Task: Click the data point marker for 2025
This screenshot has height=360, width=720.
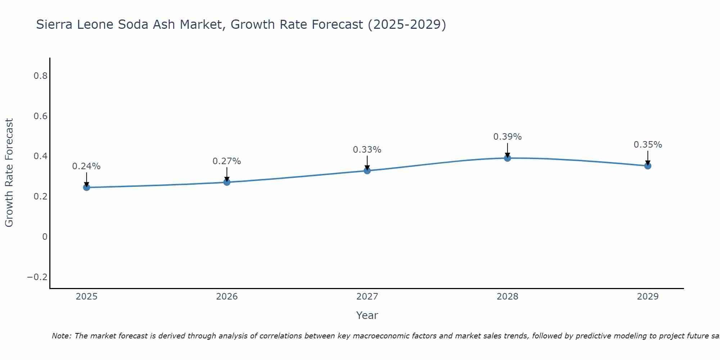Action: pos(86,187)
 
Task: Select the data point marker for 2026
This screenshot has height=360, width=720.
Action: pos(227,182)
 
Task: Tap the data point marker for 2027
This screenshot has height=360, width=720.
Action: pos(367,171)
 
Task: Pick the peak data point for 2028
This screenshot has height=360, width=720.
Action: pos(508,158)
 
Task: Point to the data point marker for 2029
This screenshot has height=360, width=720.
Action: pos(648,166)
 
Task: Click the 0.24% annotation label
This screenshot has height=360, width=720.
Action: pos(86,166)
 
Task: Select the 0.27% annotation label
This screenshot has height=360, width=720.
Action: pos(227,161)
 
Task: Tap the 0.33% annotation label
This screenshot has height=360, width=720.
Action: pos(367,150)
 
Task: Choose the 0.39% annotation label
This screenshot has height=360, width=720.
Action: pos(508,137)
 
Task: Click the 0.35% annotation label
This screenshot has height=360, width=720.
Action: pos(648,145)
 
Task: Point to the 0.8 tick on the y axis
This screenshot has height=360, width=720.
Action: pos(40,76)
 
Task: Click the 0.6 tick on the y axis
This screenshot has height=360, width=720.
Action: pos(40,116)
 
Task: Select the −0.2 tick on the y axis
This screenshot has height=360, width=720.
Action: pos(37,277)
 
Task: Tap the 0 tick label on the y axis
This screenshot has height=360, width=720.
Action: pos(45,237)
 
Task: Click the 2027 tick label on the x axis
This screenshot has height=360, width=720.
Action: pos(367,297)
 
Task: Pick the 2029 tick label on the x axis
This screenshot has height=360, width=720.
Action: pos(648,297)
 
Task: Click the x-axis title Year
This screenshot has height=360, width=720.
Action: pos(367,316)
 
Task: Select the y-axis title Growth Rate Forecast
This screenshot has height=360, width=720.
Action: pos(9,173)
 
